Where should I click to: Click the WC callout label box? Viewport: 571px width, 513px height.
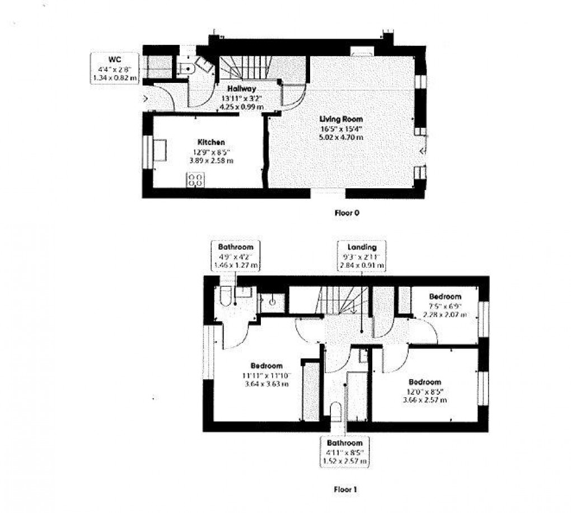tap(114, 68)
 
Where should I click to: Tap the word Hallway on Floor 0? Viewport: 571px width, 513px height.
tap(242, 88)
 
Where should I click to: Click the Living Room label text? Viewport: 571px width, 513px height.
tap(341, 119)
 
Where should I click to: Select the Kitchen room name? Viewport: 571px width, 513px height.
tap(211, 142)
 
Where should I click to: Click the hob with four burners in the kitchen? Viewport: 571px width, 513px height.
tap(196, 180)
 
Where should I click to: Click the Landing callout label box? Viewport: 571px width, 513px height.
tap(362, 256)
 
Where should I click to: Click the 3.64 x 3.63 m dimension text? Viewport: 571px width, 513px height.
tap(266, 384)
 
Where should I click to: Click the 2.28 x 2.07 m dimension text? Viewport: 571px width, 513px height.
tap(446, 314)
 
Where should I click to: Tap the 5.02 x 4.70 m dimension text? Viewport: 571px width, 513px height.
tap(341, 137)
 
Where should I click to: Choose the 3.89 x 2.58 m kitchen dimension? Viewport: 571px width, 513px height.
tap(211, 160)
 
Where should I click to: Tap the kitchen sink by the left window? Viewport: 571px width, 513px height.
tap(160, 150)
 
